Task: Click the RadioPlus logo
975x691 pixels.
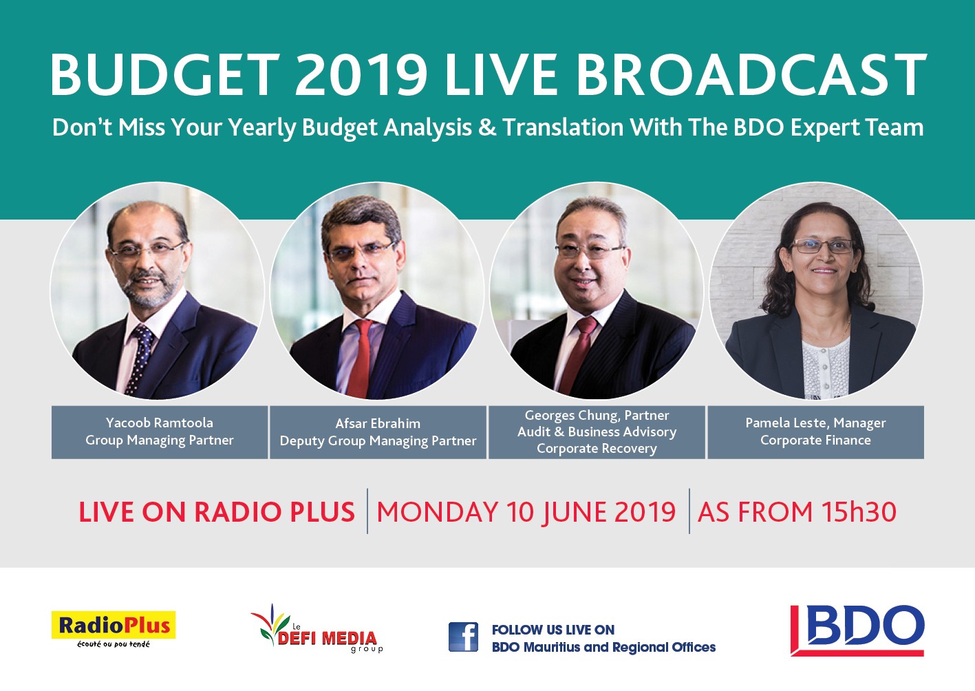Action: click(113, 629)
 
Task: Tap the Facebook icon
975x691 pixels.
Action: click(463, 637)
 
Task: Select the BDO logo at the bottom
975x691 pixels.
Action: click(857, 630)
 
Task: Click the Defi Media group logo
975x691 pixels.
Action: click(317, 628)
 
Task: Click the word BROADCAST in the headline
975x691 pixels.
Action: click(751, 75)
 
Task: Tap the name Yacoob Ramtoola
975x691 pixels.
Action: click(160, 423)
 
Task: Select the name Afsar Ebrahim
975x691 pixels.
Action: click(378, 424)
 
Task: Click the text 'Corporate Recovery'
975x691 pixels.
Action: click(597, 449)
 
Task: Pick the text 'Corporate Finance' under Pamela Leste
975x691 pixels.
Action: click(815, 440)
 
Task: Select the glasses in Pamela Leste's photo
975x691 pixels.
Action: click(822, 246)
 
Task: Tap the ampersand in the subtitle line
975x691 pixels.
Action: click(487, 127)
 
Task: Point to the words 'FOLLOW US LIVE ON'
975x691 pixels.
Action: click(553, 630)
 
